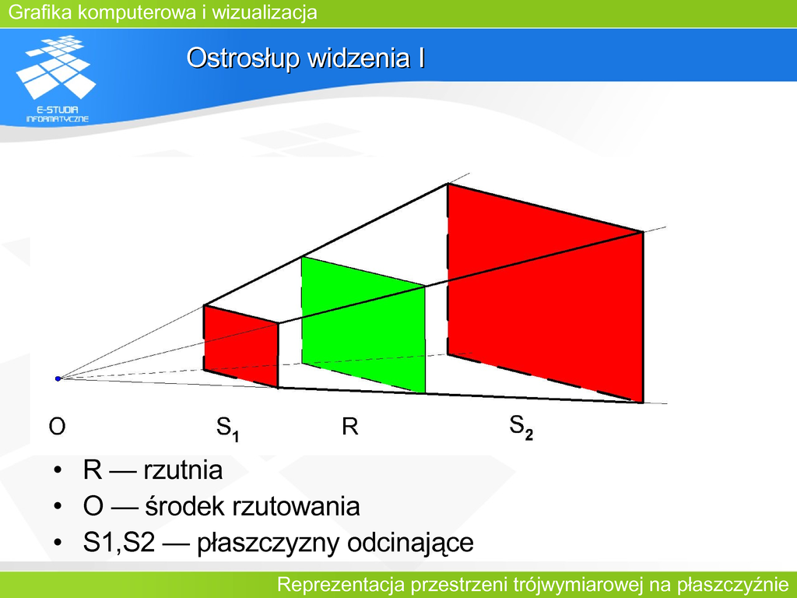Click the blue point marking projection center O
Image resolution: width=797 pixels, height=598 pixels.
click(x=58, y=379)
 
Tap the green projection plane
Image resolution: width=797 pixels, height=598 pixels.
click(x=363, y=325)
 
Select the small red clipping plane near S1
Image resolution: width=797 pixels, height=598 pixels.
click(x=241, y=346)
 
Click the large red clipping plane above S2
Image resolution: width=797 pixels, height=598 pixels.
click(x=546, y=293)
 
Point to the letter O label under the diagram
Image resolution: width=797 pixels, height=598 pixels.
click(x=57, y=426)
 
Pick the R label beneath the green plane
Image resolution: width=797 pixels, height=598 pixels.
click(x=349, y=426)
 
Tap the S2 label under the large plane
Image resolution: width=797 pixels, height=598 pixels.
click(x=521, y=427)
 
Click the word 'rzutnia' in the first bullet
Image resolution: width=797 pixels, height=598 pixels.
click(x=183, y=470)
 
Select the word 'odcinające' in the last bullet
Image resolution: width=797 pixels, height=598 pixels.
click(x=411, y=543)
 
